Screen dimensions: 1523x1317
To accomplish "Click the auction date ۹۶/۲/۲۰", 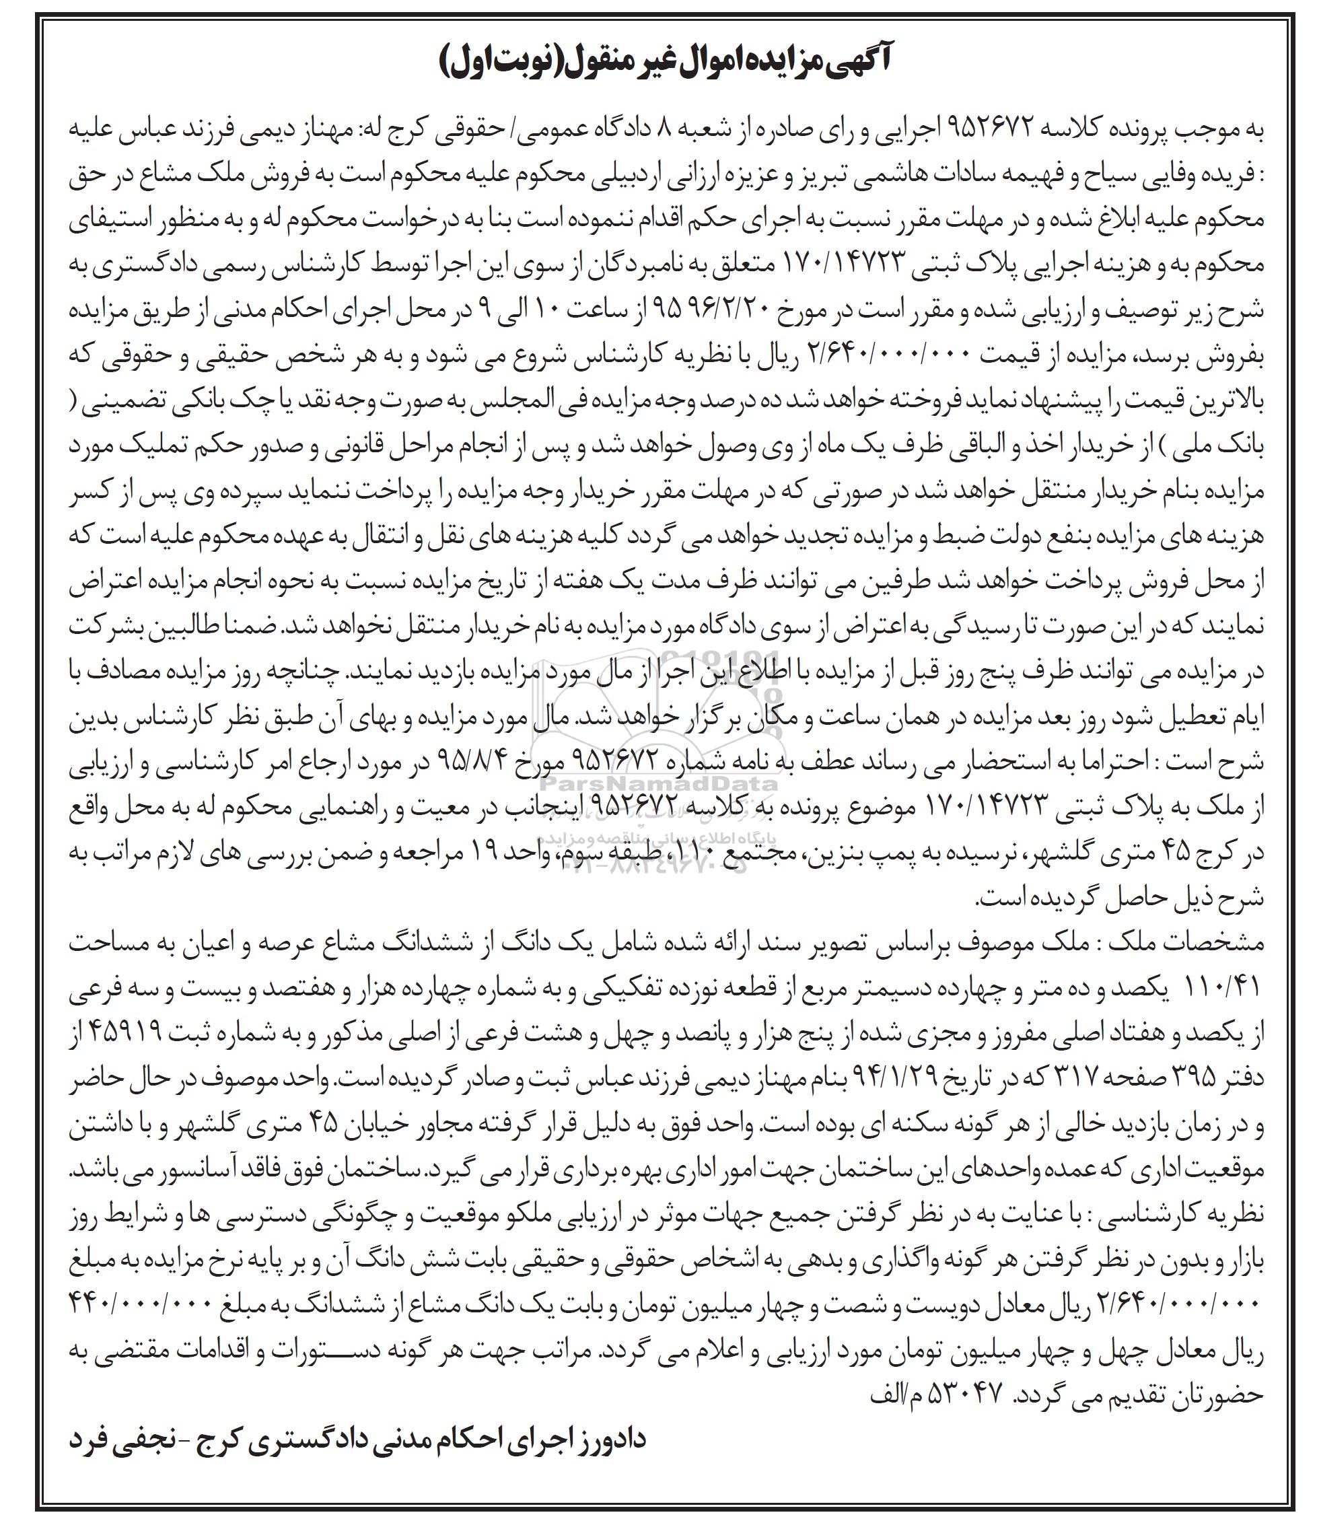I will (x=735, y=310).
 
